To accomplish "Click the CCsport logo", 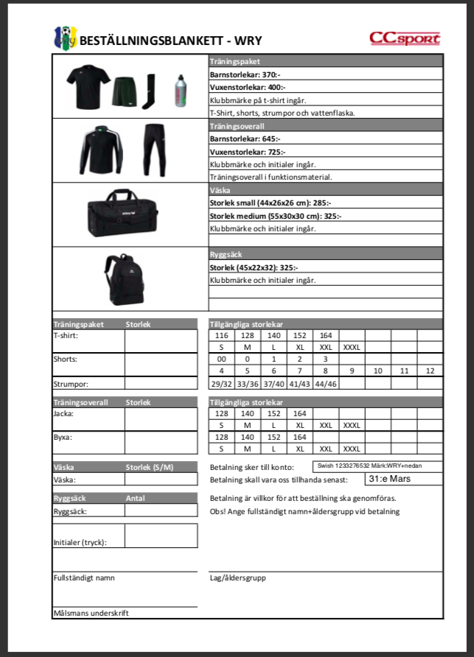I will [405, 38].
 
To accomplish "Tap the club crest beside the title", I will [65, 38].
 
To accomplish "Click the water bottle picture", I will [181, 91].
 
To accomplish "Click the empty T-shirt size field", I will [161, 341].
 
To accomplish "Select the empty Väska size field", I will [161, 480].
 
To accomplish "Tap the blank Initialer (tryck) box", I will [161, 535].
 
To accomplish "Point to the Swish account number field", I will [377, 465].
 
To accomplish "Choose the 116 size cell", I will [220, 335].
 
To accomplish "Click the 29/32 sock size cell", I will [220, 384].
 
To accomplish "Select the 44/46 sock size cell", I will [325, 384].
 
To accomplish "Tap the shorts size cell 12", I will [430, 370].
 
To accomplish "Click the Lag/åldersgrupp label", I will [237, 577].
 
